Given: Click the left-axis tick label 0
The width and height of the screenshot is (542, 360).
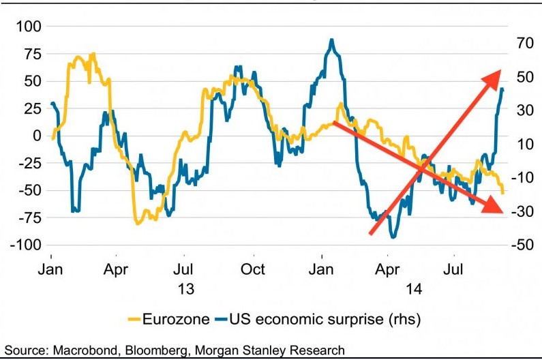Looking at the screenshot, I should pos(37,136).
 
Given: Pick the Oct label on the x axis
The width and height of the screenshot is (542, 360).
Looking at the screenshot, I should pos(253,269).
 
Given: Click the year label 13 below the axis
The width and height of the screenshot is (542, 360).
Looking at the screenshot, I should pos(185,289).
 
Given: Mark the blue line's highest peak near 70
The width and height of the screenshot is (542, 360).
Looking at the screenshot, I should pos(332,40).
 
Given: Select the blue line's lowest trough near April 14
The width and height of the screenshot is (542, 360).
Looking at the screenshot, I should pos(393,237).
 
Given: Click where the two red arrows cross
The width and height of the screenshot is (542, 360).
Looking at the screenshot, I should pos(427,164).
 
